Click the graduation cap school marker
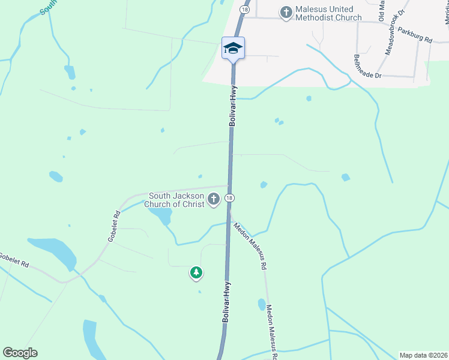pos(233,49)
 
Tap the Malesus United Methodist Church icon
pos(286,11)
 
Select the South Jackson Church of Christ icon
pos(214,199)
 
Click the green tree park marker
pos(196,273)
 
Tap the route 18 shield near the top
pos(244,10)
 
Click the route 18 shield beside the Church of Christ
pos(229,198)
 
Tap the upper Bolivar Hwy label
pos(234,105)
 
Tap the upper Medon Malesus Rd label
pos(250,244)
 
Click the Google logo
pos(20,353)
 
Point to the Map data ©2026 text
pos(423,355)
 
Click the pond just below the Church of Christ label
pos(160,215)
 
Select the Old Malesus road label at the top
pos(381,11)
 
